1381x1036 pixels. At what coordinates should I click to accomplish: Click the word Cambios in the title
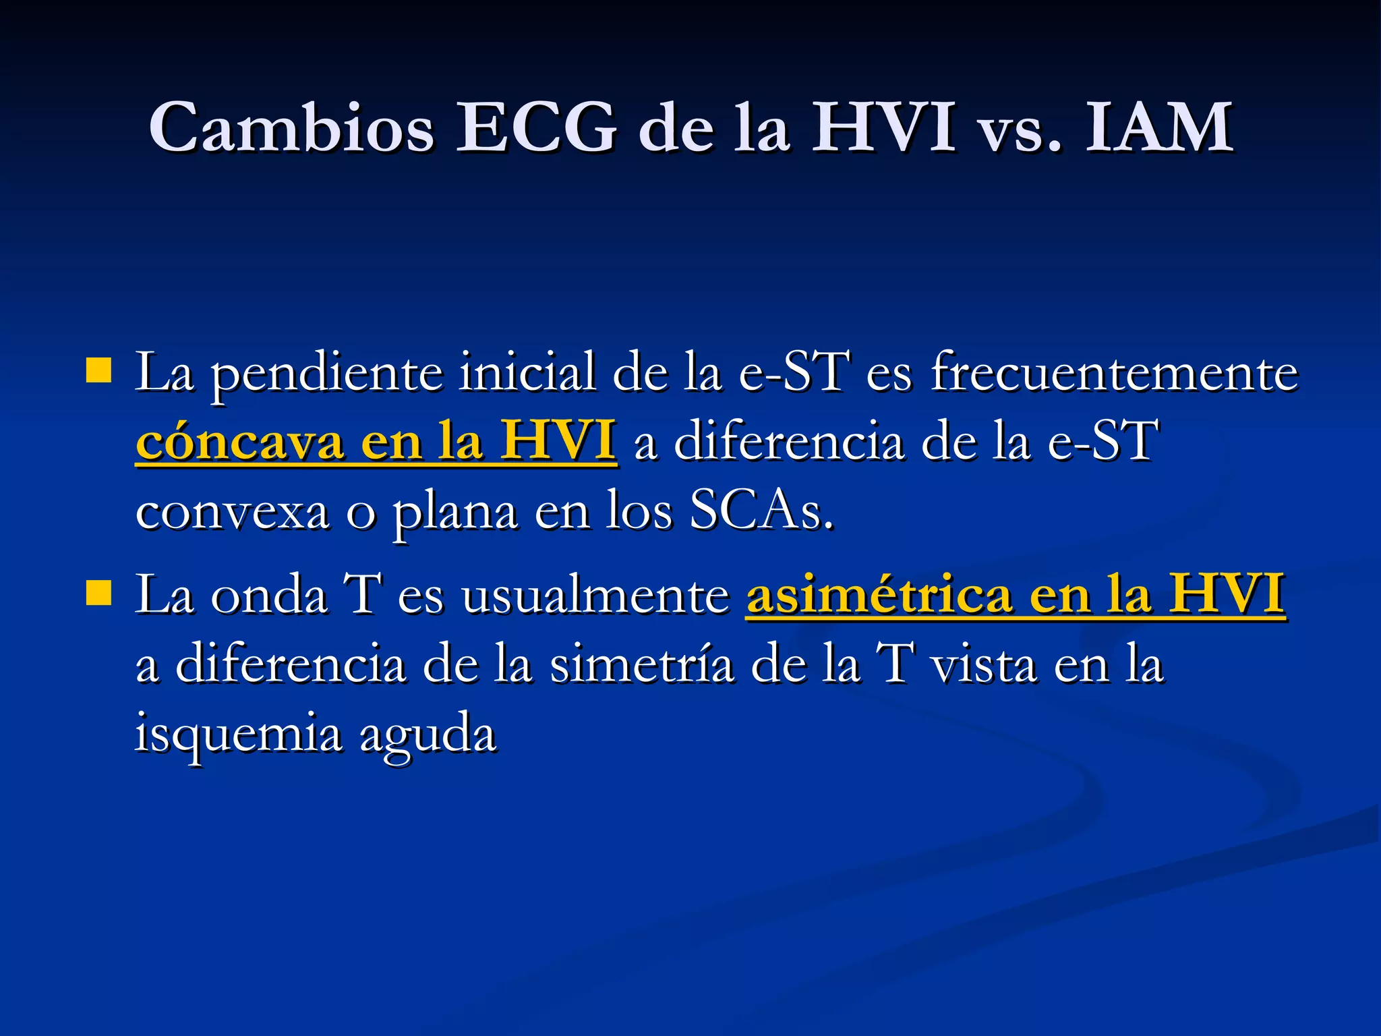(291, 127)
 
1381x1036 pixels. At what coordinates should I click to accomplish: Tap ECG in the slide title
(536, 127)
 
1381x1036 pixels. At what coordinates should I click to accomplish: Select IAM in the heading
(1159, 127)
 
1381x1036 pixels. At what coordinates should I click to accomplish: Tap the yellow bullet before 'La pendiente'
(99, 371)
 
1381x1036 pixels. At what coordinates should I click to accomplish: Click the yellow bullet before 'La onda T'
(99, 594)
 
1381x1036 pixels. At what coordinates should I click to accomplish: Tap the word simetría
(641, 664)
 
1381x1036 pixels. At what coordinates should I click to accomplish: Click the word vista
(984, 664)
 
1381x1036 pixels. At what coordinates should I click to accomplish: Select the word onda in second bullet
(269, 595)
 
